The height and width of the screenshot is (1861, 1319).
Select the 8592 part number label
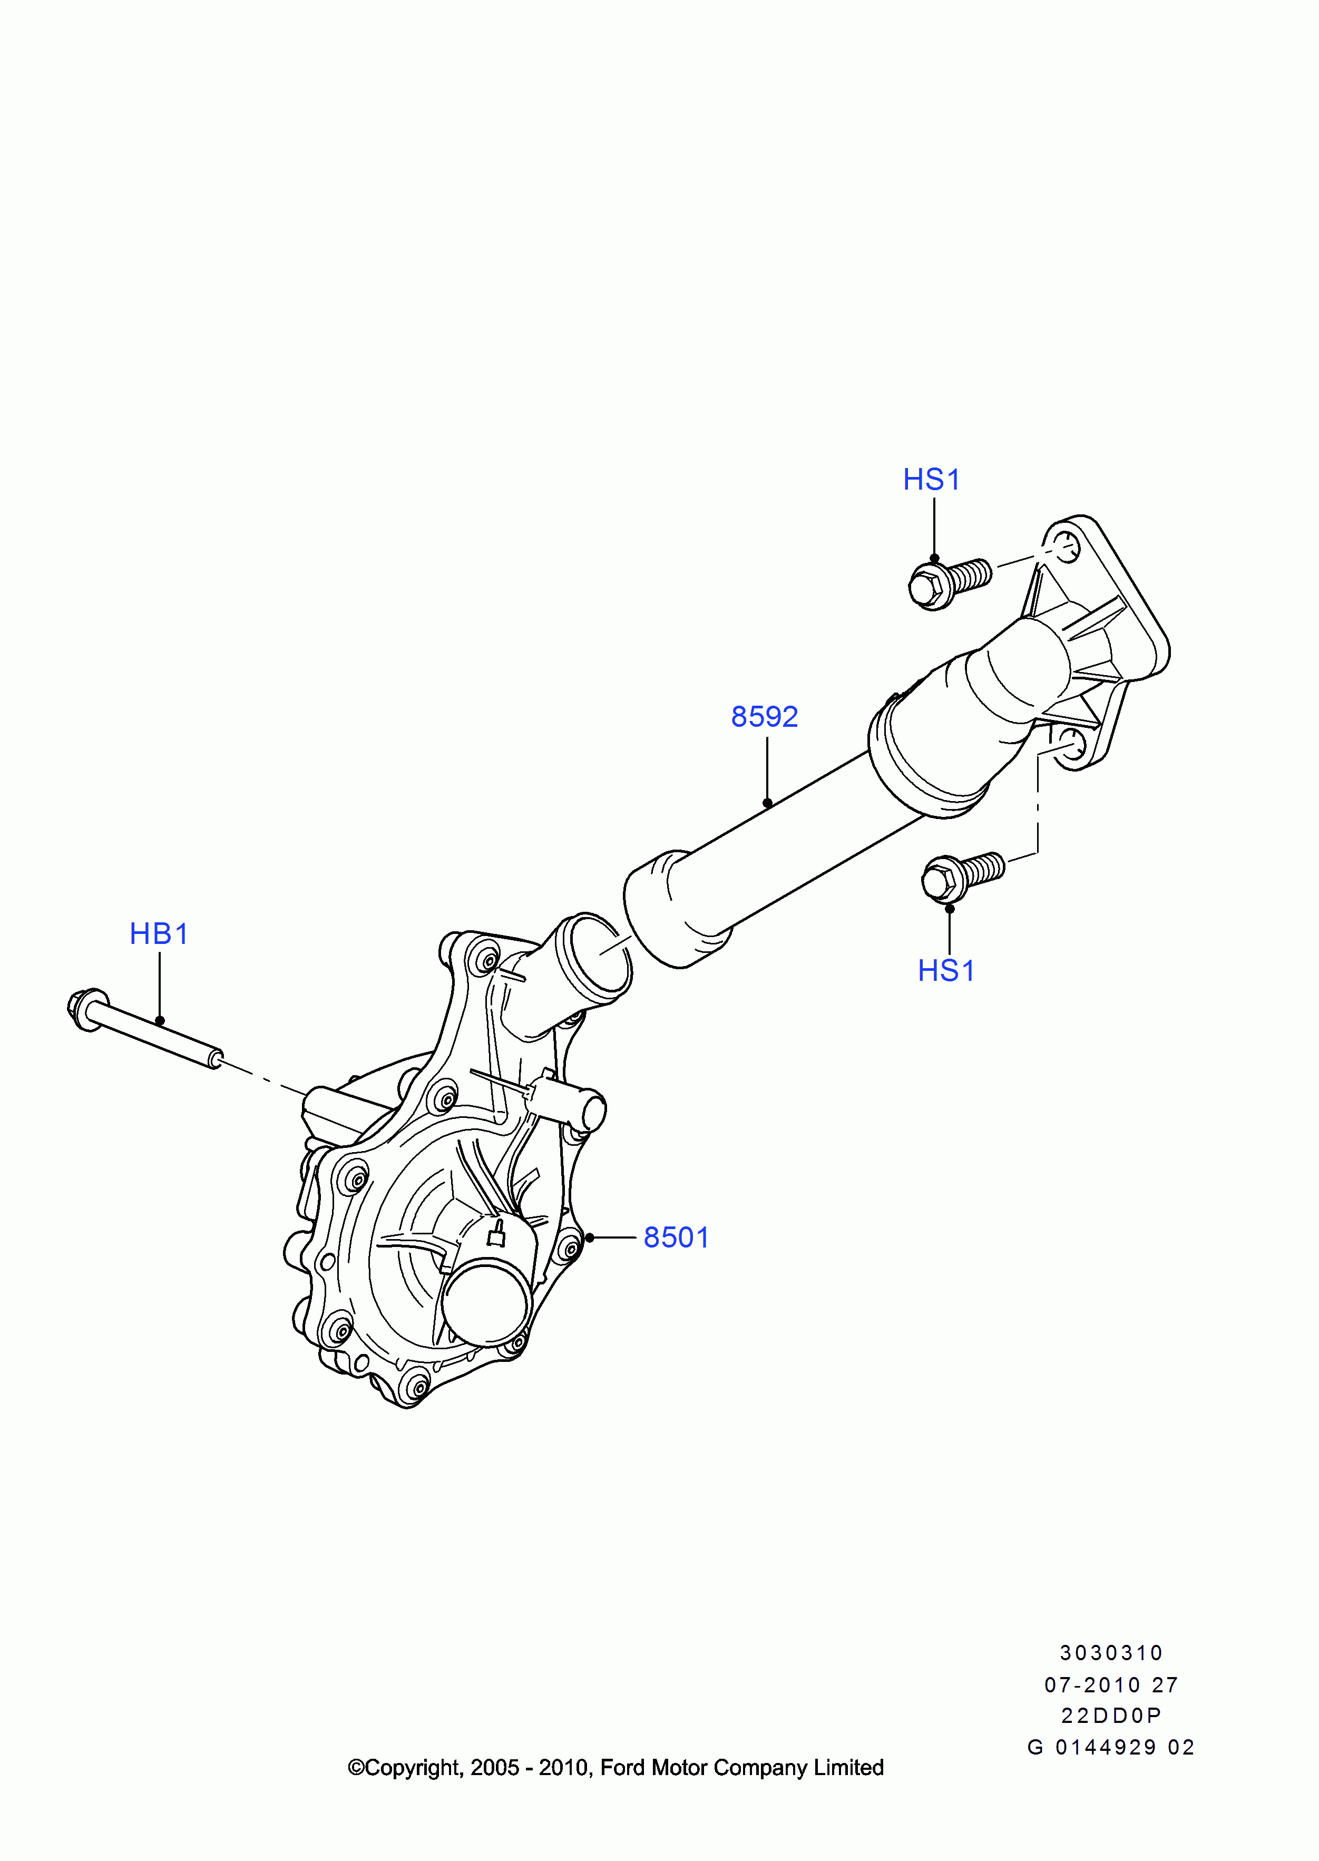pyautogui.click(x=764, y=716)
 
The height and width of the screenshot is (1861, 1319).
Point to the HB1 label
pyautogui.click(x=159, y=933)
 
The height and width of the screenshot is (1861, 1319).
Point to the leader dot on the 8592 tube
pyautogui.click(x=767, y=803)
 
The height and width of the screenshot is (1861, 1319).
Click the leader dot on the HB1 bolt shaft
pyautogui.click(x=160, y=1021)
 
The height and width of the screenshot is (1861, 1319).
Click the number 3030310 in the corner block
pyautogui.click(x=1111, y=1652)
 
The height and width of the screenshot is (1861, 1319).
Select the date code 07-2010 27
pyautogui.click(x=1111, y=1685)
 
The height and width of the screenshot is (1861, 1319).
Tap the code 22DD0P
pyautogui.click(x=1111, y=1715)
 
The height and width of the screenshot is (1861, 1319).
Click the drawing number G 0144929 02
pyautogui.click(x=1111, y=1747)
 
